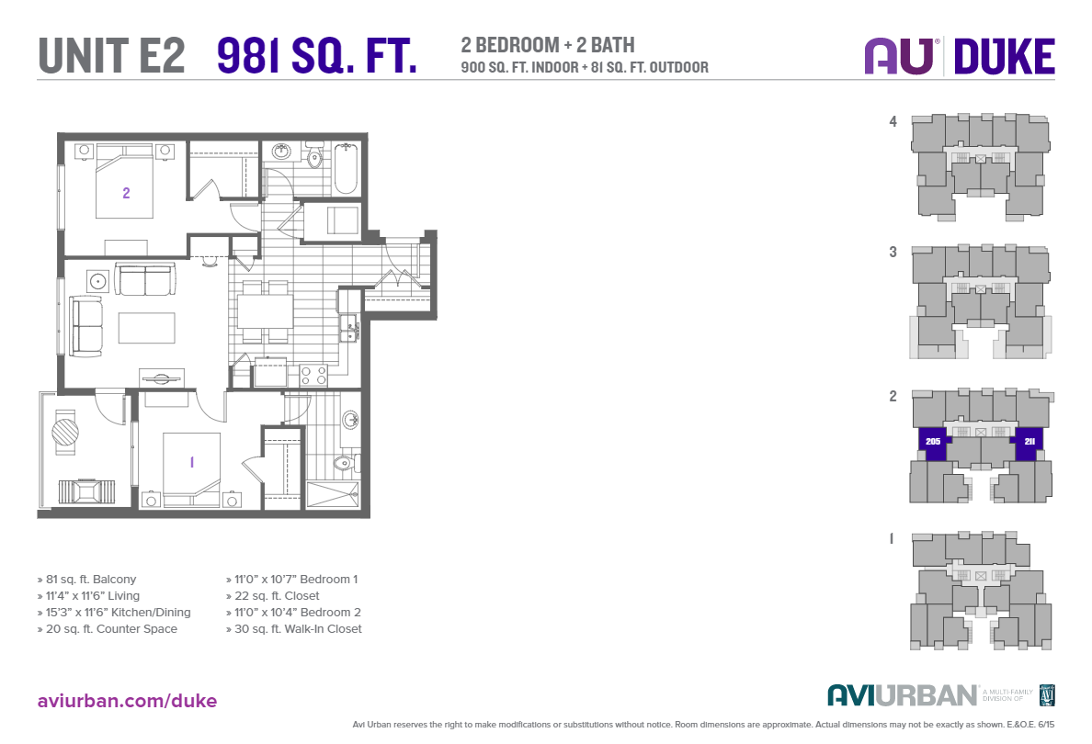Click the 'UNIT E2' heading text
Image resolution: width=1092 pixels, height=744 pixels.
tap(111, 56)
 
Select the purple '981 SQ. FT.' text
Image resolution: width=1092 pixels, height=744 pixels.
tap(316, 56)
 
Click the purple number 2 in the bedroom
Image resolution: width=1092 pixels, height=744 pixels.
tap(126, 193)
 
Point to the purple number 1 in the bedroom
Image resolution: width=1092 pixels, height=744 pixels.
tap(191, 462)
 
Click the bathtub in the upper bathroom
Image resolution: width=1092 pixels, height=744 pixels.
tap(346, 168)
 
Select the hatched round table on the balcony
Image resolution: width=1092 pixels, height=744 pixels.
tap(66, 432)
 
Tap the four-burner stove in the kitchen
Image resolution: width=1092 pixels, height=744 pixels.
tap(313, 374)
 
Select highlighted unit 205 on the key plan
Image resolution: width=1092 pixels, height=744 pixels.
tap(933, 441)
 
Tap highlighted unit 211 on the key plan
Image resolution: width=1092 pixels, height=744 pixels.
tap(1029, 441)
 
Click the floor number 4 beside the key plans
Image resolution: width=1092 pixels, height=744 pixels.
tap(893, 120)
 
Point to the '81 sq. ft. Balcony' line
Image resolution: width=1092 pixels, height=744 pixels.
tap(86, 580)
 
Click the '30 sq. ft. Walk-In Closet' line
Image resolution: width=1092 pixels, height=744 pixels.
tap(293, 629)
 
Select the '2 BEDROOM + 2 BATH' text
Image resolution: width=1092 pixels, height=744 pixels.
tap(548, 45)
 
